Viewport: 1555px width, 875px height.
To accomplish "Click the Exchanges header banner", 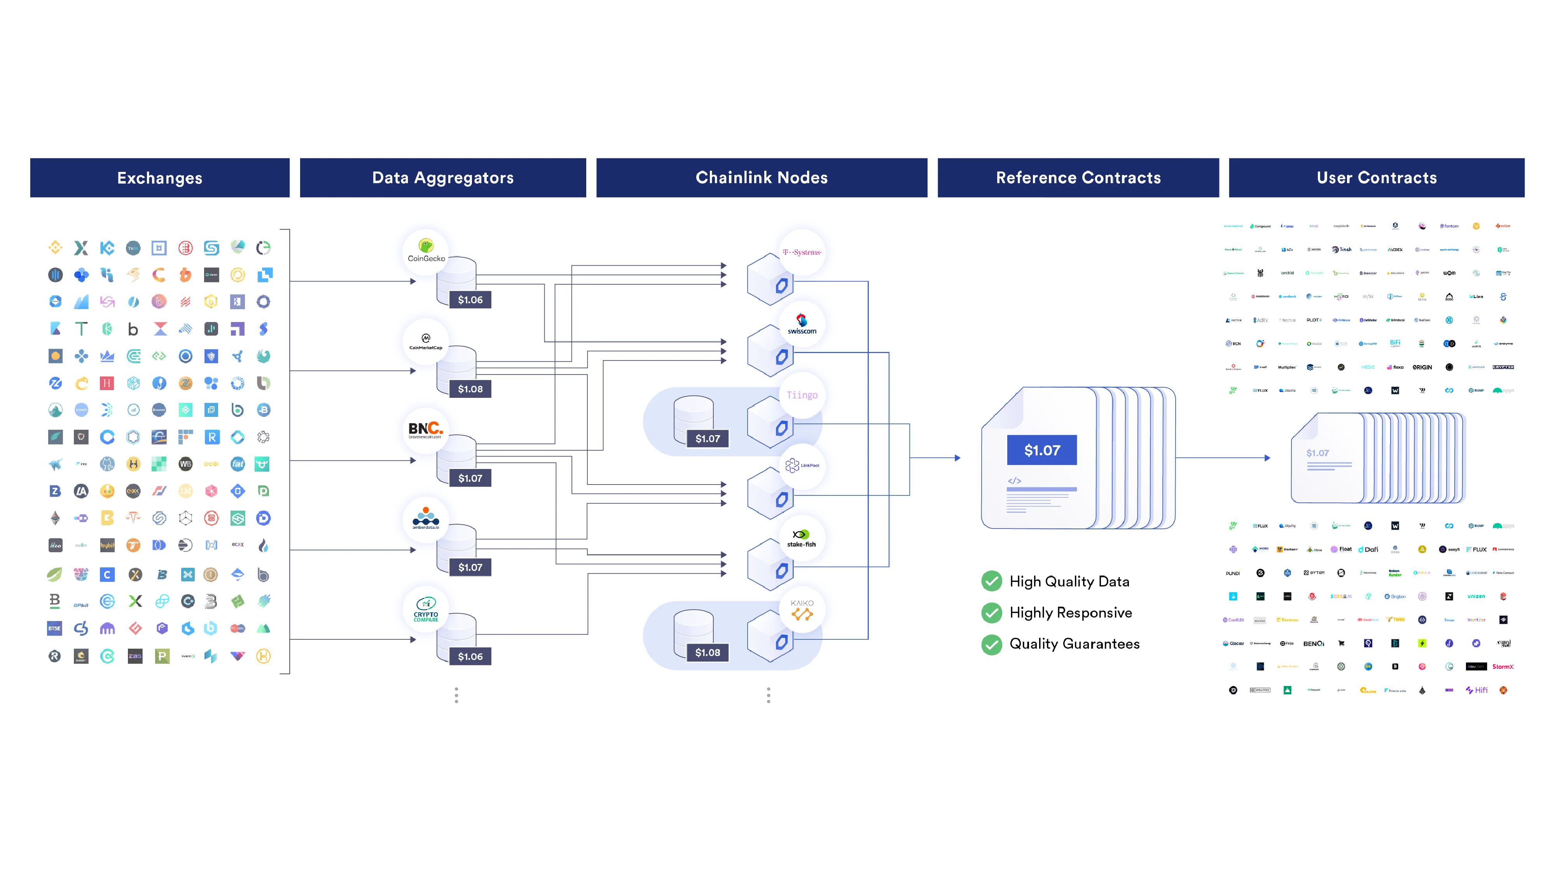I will (x=159, y=178).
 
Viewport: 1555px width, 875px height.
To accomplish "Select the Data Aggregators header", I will (x=442, y=178).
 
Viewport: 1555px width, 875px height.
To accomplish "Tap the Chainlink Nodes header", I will (x=761, y=178).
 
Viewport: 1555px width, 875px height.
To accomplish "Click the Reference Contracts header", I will (x=1078, y=178).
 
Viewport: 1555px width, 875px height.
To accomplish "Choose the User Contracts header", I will (x=1376, y=178).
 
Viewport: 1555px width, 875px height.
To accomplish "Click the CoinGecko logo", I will (x=426, y=250).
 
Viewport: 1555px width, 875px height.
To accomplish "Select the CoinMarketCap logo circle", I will (x=426, y=341).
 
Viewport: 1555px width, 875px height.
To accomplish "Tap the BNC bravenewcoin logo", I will (x=426, y=430).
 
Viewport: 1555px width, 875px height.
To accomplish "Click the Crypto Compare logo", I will (x=426, y=609).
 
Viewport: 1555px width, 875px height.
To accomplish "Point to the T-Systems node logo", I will (x=802, y=252).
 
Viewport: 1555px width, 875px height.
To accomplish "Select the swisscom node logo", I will (x=802, y=324).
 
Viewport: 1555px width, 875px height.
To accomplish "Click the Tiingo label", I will (x=802, y=395).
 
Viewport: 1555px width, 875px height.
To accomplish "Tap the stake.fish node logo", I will (x=802, y=538).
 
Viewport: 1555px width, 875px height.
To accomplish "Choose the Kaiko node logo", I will (x=802, y=610).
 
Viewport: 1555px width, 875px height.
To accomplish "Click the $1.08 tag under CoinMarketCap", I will (x=470, y=389).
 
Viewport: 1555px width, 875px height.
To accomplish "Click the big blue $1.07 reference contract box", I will (x=1042, y=450).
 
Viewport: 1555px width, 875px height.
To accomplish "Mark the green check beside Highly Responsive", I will (x=991, y=613).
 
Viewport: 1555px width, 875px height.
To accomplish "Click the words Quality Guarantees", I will (x=1075, y=644).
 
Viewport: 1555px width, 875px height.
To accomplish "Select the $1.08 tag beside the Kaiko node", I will (x=708, y=652).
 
